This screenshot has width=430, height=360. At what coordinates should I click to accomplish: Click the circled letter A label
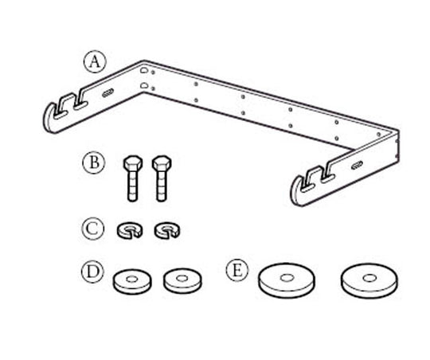95,62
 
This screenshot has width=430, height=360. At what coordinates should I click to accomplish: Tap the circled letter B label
94,162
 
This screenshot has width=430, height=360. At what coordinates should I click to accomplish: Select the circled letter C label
93,229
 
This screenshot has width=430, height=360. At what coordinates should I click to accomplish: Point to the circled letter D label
92,272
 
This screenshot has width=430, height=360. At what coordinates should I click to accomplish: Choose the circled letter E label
237,270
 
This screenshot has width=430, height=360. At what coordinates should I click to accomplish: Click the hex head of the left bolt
133,163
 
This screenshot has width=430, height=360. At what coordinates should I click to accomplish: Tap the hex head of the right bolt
162,163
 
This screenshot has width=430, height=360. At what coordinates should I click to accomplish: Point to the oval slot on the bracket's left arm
108,93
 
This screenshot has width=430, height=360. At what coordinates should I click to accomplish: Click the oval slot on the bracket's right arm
357,165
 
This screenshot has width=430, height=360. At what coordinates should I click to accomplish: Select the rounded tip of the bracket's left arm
48,121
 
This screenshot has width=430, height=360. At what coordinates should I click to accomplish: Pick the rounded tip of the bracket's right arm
295,193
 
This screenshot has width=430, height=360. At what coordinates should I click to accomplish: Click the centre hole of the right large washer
369,278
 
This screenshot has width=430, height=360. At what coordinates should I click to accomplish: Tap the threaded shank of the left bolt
132,186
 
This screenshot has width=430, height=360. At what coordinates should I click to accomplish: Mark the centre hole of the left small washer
132,279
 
